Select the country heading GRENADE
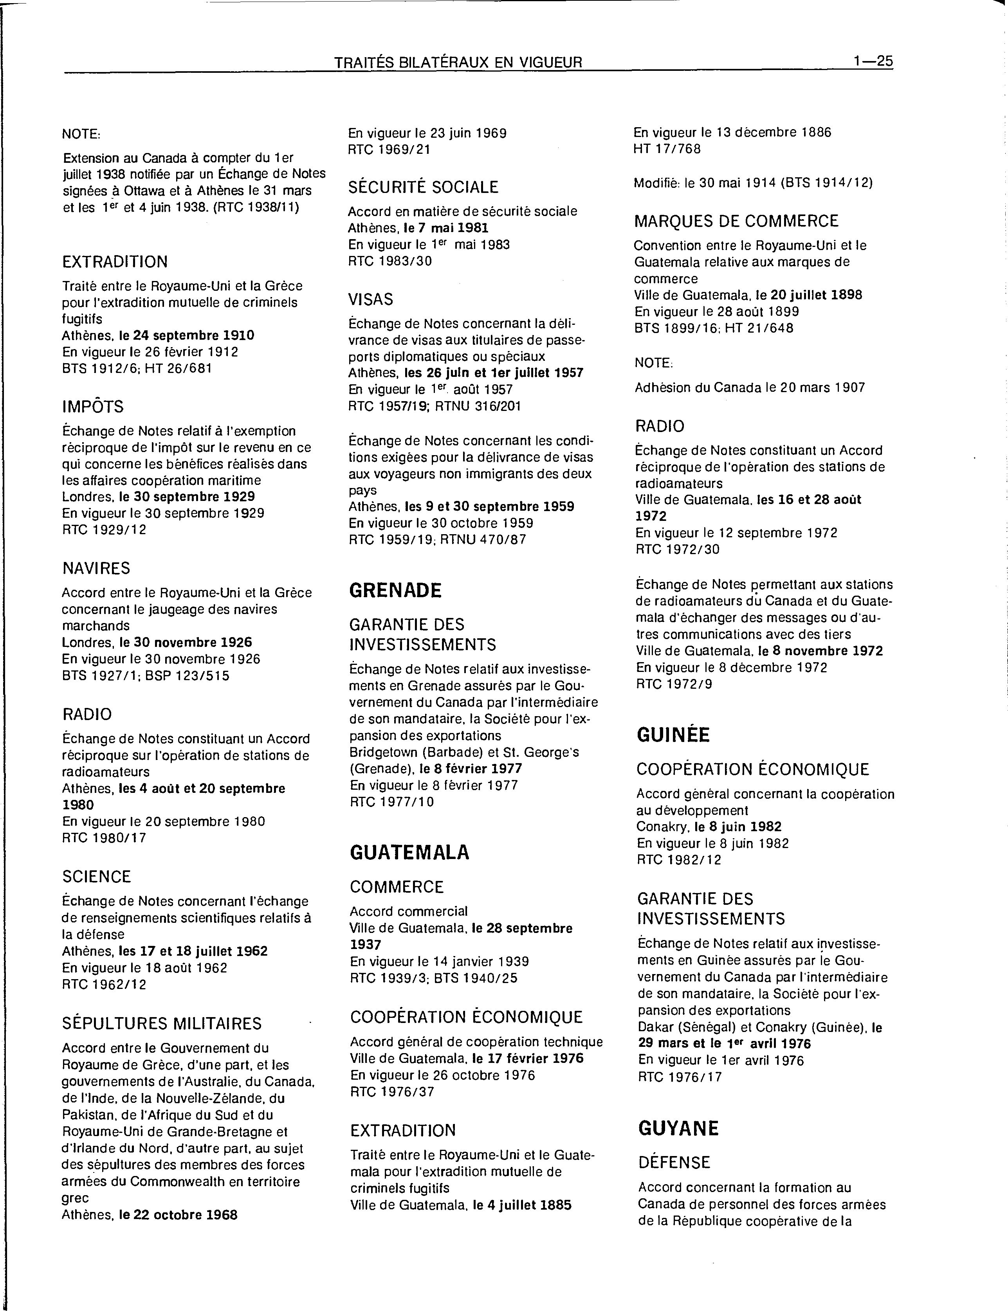[395, 590]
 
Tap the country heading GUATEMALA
[409, 852]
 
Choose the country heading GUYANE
[678, 1128]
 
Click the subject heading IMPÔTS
[93, 407]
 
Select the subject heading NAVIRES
[96, 568]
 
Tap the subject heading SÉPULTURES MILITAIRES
[162, 1023]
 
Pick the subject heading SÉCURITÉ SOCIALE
[423, 187]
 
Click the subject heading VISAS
[371, 299]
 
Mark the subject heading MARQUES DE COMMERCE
[736, 221]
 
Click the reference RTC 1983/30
[390, 261]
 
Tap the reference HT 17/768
[667, 149]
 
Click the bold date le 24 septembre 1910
[187, 335]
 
